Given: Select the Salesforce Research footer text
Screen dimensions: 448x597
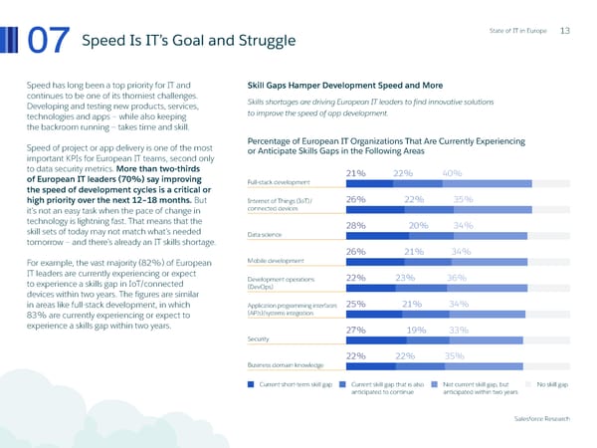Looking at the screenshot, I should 542,419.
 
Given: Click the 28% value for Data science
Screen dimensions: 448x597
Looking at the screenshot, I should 357,225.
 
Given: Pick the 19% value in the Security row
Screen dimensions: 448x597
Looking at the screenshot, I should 416,330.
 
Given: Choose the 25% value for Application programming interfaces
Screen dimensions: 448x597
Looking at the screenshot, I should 356,304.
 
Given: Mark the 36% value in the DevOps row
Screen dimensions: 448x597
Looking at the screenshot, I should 457,278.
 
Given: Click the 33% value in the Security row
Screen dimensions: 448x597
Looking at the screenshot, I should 459,330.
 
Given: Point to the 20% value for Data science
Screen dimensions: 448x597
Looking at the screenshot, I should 418,225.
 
